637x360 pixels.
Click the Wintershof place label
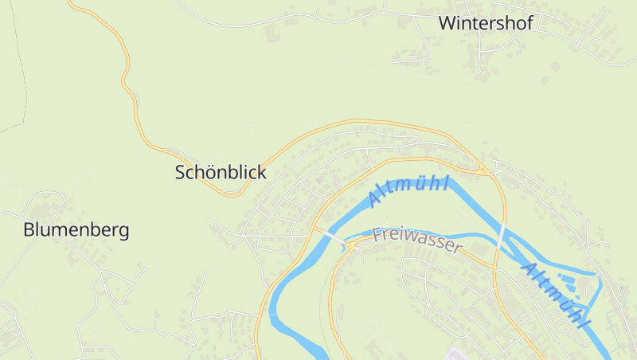486,23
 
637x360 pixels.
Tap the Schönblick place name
221,172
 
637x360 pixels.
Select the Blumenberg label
76,231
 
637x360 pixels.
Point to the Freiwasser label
417,240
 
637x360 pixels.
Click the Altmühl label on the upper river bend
409,191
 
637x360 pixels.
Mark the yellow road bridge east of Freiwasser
502,237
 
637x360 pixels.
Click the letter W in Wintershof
447,23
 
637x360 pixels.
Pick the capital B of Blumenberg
29,231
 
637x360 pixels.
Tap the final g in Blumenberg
123,233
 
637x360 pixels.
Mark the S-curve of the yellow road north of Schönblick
127,76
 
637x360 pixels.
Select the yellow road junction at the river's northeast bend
488,170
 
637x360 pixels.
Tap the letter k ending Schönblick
262,172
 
